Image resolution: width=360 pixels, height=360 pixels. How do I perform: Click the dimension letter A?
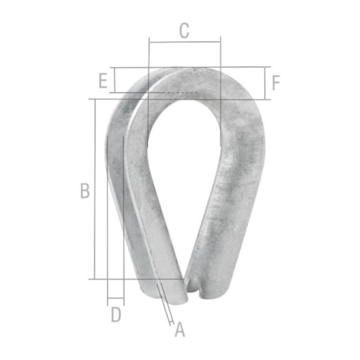pos(179,329)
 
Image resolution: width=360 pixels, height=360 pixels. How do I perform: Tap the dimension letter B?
pos(85,191)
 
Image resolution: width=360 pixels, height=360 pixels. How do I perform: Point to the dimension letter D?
pos(115,315)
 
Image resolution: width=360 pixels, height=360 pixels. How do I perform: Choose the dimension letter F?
pos(275,81)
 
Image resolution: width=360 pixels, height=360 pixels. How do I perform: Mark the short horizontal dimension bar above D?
pos(115,299)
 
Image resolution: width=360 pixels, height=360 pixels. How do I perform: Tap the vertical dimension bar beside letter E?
pos(113,80)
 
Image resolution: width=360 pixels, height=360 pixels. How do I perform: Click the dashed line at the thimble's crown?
pos(180,92)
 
